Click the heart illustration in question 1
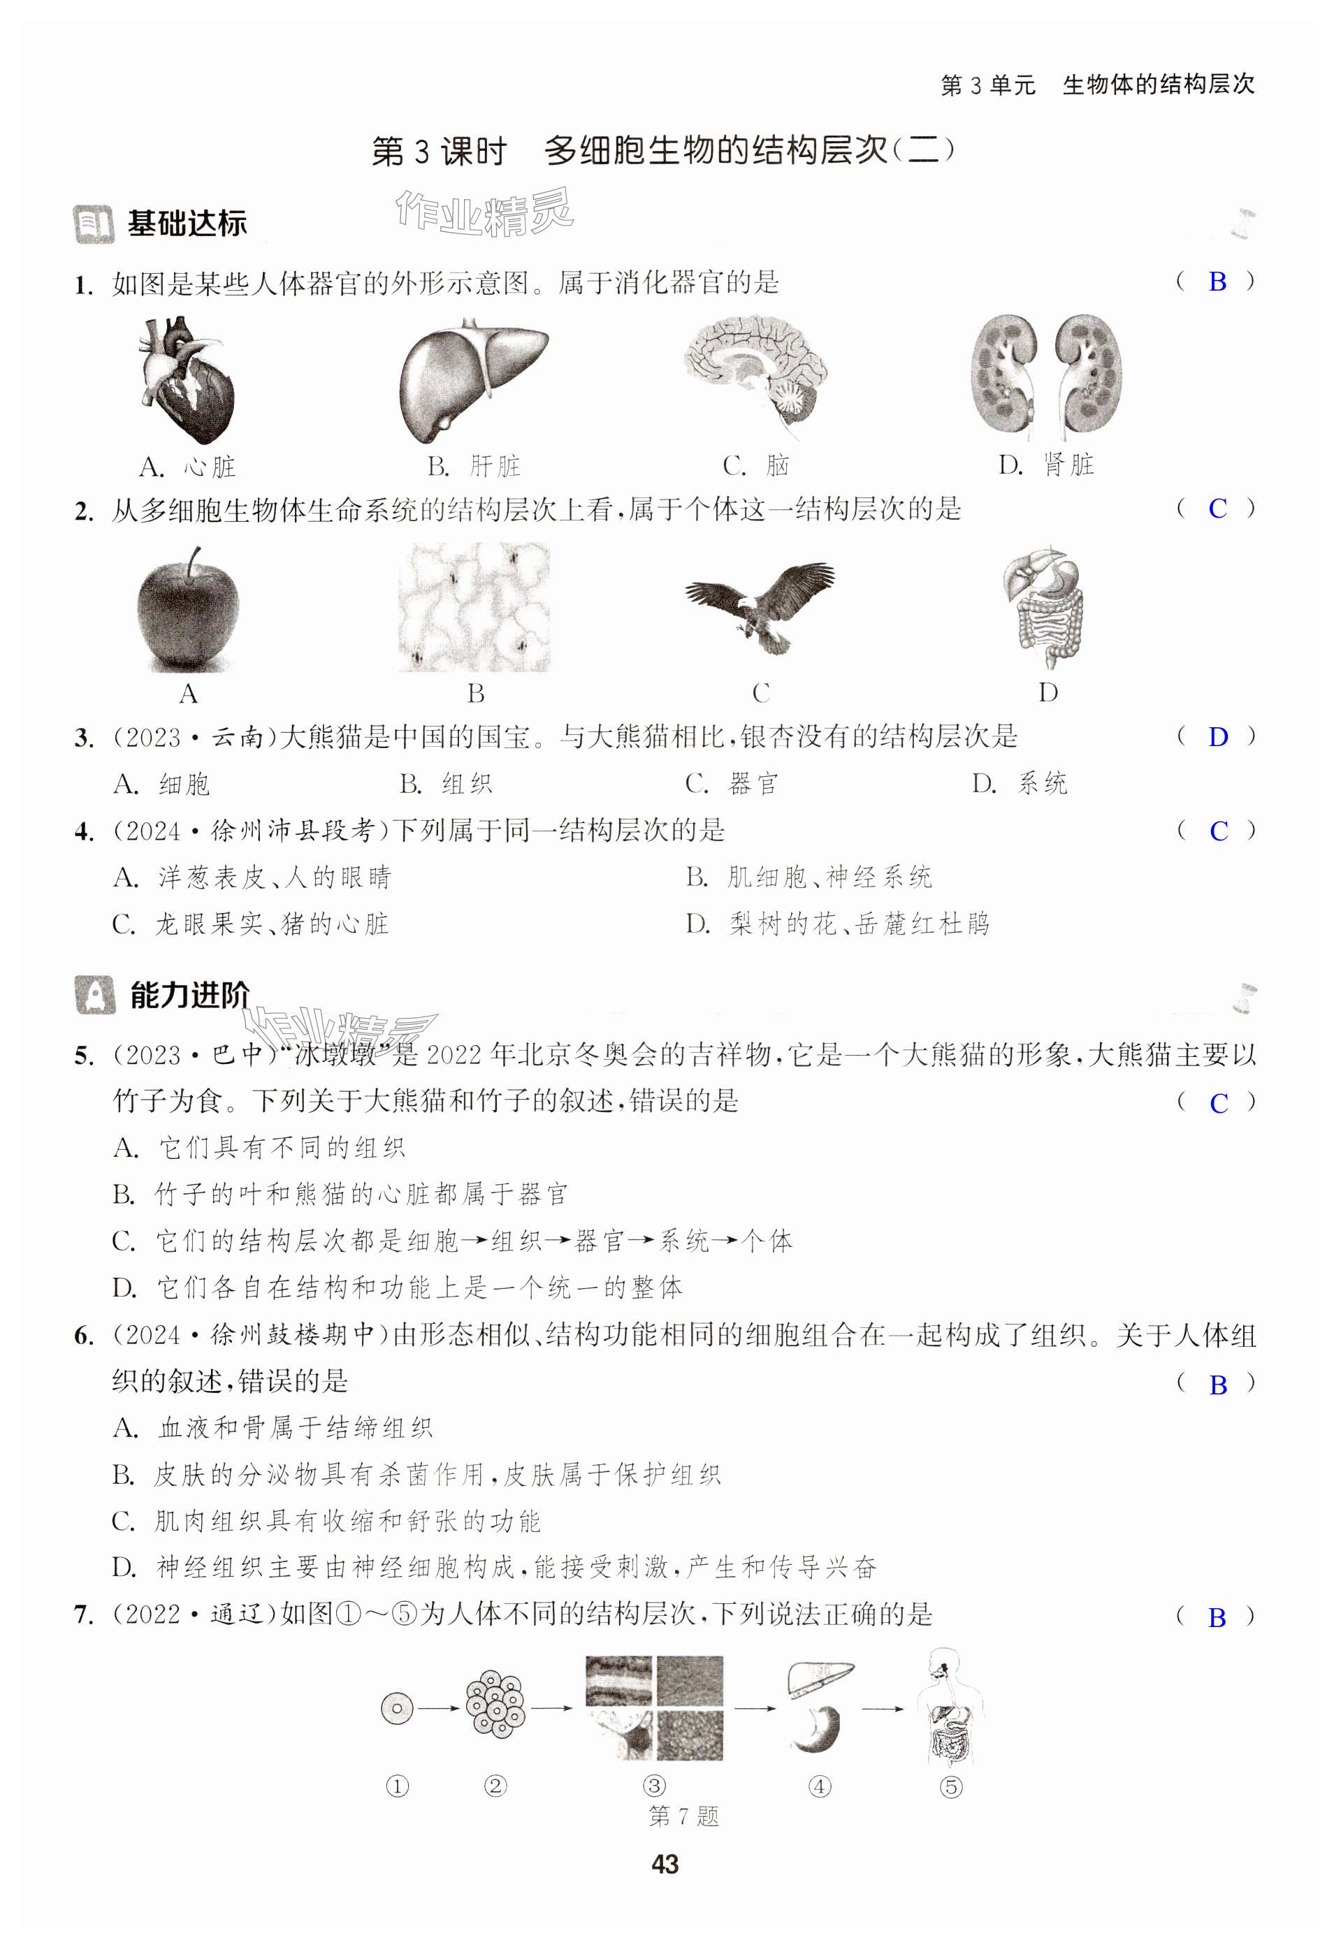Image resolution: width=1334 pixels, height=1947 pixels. pos(186,381)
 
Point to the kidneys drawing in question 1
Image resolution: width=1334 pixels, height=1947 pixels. pos(1046,375)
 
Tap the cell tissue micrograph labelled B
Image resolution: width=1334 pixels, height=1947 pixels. pos(474,606)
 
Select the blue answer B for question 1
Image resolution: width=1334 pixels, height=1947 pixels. pos(1217,282)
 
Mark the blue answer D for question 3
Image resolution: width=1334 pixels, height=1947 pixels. pos(1217,737)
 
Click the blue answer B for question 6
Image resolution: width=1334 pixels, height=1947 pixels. pos(1217,1385)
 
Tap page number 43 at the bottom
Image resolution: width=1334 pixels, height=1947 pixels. pos(665,1864)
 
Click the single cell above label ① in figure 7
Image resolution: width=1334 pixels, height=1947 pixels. pos(396,1707)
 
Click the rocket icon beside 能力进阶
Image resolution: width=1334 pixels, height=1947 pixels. pos(95,996)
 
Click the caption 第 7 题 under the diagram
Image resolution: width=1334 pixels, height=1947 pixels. pos(683,1816)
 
